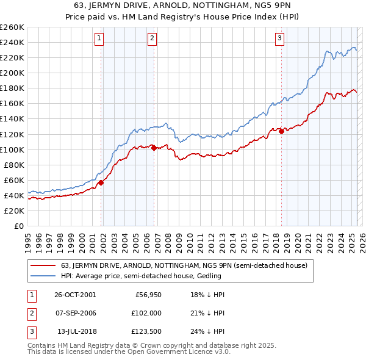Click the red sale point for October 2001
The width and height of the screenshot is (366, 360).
(101, 182)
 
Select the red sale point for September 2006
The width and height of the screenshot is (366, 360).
(154, 148)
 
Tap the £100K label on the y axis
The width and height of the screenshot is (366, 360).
(12, 149)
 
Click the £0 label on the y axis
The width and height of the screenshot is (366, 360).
(18, 226)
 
